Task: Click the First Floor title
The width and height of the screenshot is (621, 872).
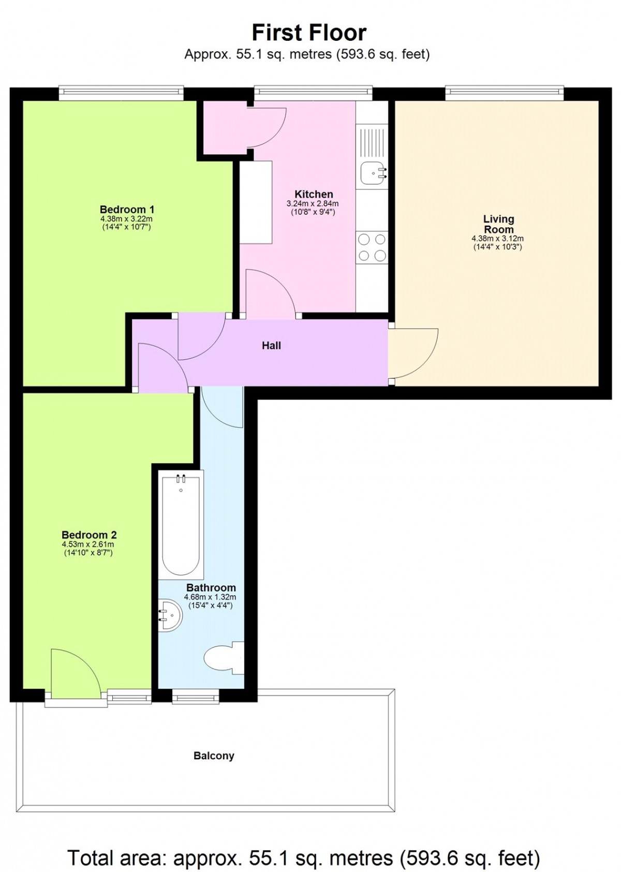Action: click(x=309, y=33)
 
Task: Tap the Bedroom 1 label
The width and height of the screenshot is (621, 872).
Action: click(x=127, y=210)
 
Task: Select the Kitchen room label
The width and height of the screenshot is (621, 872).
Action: click(x=314, y=194)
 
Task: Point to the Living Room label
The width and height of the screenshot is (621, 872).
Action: click(x=499, y=224)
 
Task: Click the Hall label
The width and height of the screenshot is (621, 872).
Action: click(x=271, y=345)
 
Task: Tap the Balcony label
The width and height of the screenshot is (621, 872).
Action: click(x=214, y=756)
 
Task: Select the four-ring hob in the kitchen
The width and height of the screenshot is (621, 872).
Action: click(x=372, y=247)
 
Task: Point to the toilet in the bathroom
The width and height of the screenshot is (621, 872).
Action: click(x=224, y=658)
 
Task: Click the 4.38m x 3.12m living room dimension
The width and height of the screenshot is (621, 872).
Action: click(x=498, y=239)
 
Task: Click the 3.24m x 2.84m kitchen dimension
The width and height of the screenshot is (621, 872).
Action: click(x=313, y=203)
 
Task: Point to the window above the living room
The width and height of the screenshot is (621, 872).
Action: click(x=505, y=91)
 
